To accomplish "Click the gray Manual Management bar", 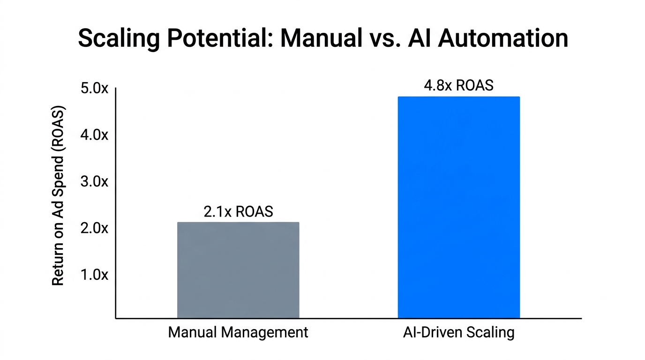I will coord(238,270).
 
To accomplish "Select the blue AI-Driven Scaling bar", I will coord(458,208).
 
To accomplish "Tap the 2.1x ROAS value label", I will coord(238,211).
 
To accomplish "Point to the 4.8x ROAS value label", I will coord(458,86).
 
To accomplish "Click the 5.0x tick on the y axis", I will coord(94,88).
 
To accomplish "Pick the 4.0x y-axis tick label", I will coord(94,135).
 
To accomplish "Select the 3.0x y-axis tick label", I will coord(94,181).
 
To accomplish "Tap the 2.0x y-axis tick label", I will coord(94,228).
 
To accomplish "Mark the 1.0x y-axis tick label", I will coord(94,275).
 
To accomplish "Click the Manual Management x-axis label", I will coord(238,333).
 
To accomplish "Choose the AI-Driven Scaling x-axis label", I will coord(458,333).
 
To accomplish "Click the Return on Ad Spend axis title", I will coord(58,196).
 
